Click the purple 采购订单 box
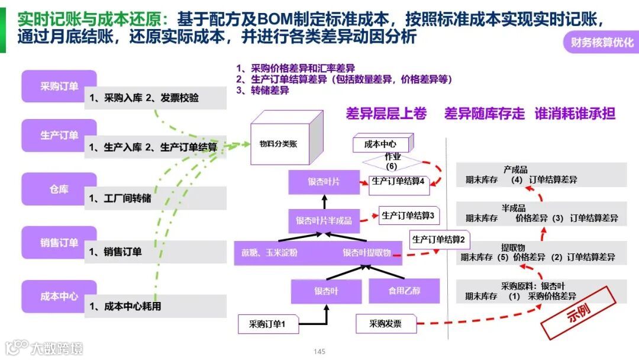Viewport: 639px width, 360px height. coord(59,86)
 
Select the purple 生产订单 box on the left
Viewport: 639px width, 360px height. coord(59,136)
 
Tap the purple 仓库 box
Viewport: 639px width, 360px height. coord(59,189)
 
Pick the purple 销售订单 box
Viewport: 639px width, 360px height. coord(59,243)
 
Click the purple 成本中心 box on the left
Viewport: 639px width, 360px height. coord(59,297)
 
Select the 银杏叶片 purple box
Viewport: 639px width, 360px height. coord(324,182)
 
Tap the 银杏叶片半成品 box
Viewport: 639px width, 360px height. coord(324,220)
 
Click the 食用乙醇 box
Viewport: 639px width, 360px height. coord(404,291)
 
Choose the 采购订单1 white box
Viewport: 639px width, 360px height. coord(267,324)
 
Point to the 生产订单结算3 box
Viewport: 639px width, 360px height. coord(410,216)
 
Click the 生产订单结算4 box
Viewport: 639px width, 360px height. coord(399,182)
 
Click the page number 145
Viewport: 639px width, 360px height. coord(319,352)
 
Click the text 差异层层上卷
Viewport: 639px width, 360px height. coord(386,114)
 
